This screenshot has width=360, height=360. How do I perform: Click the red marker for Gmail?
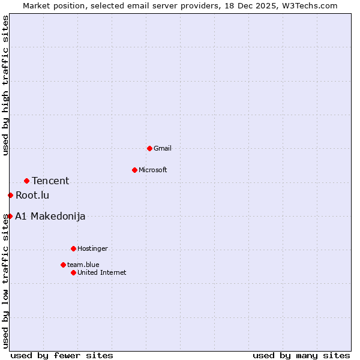point(149,148)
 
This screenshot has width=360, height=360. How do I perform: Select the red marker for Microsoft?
point(134,170)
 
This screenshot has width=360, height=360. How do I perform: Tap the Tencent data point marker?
point(26,181)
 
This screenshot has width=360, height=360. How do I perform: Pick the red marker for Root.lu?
point(10,195)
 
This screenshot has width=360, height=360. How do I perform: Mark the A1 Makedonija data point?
point(10,216)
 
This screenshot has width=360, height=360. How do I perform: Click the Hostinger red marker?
point(73,248)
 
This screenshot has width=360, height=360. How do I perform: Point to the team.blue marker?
point(63,265)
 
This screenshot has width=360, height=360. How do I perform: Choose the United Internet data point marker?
point(73,272)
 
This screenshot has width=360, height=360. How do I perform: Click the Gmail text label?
point(163,148)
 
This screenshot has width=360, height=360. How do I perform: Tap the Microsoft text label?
point(153,170)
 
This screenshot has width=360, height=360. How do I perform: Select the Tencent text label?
point(50,181)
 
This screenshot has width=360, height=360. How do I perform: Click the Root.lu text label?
point(32,195)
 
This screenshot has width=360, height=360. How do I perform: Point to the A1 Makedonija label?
point(50,216)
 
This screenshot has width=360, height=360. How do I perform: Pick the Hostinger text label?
point(92,248)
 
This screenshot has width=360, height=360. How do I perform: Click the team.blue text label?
point(83,265)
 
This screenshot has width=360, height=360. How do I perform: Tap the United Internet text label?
point(102,272)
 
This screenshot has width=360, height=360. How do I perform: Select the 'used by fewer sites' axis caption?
point(62,355)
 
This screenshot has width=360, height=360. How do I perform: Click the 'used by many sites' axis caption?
point(301,355)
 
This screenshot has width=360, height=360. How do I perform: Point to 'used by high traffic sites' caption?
point(5,85)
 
